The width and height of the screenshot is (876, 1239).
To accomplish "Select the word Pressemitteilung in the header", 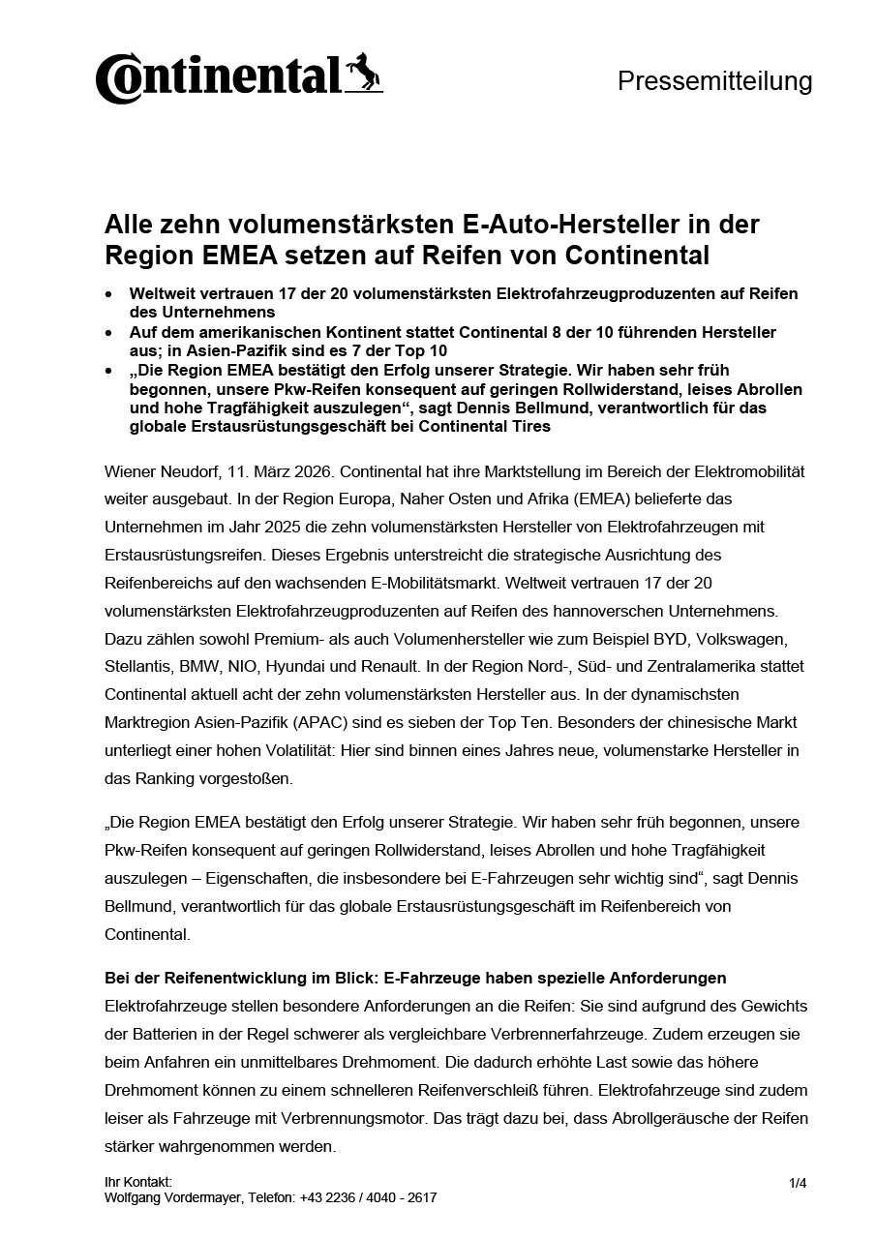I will click(x=714, y=81).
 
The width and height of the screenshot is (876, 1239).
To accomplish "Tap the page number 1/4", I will click(x=798, y=1182).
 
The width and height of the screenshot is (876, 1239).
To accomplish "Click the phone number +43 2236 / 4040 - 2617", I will click(x=368, y=1197).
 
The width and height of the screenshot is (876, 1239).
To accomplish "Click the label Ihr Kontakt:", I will click(x=137, y=1182).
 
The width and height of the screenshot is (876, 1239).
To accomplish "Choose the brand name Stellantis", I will click(x=137, y=667).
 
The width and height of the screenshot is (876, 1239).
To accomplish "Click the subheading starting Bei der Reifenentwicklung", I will click(x=415, y=979).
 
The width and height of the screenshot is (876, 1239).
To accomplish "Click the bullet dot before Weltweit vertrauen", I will click(x=109, y=293).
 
